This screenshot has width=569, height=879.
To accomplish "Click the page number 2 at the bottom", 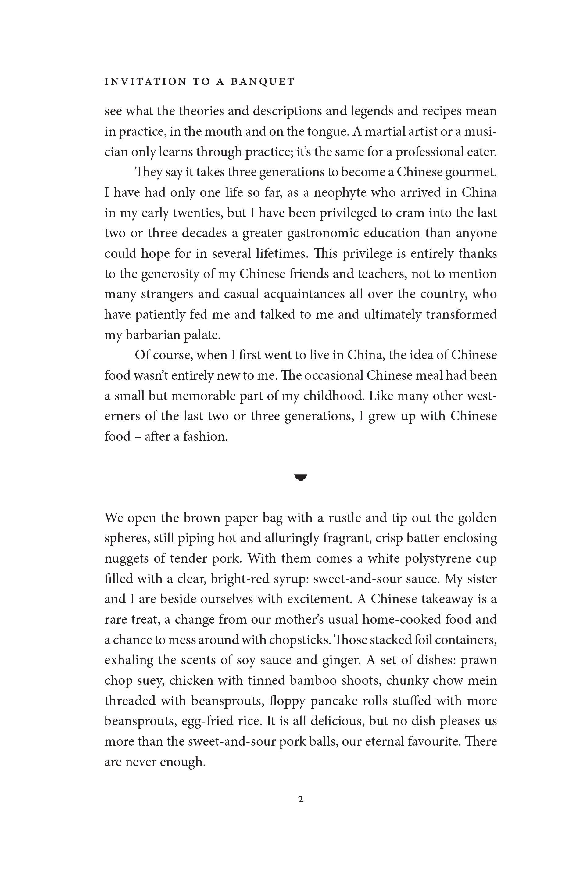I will tap(300, 799).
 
